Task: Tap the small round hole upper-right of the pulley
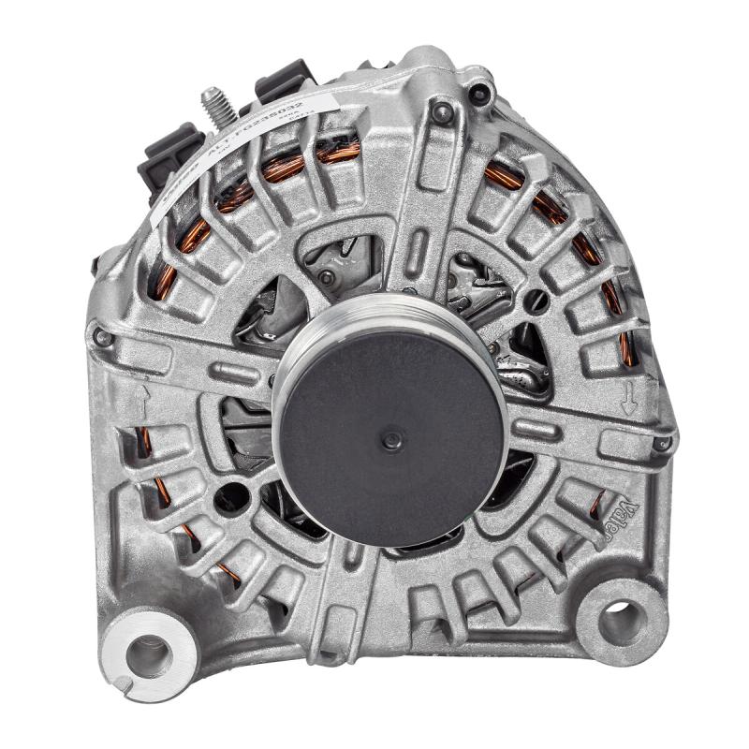point(537,301)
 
